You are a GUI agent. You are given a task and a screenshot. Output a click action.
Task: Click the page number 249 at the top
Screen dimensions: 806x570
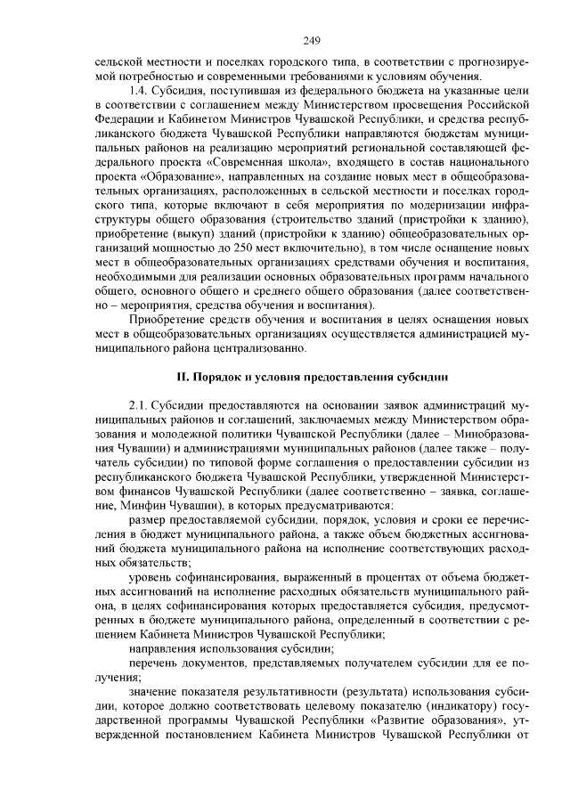point(311,40)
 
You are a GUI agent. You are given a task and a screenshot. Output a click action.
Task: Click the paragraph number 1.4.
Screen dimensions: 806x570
point(141,90)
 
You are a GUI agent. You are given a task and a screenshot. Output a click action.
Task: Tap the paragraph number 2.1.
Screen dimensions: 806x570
point(141,406)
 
